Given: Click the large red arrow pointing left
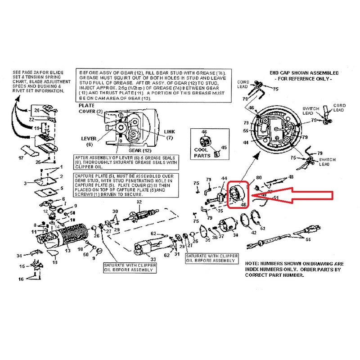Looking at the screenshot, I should [x=297, y=195].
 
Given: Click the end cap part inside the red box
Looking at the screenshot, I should [x=237, y=195].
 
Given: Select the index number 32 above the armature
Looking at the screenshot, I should [x=139, y=202].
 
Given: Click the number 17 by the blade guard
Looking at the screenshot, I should [x=20, y=158].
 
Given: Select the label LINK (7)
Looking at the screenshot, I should [x=169, y=134].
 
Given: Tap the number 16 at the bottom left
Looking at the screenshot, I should [x=21, y=279].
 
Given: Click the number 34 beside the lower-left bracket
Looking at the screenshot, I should [x=19, y=256].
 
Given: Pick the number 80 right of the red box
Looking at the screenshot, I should [x=259, y=177].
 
